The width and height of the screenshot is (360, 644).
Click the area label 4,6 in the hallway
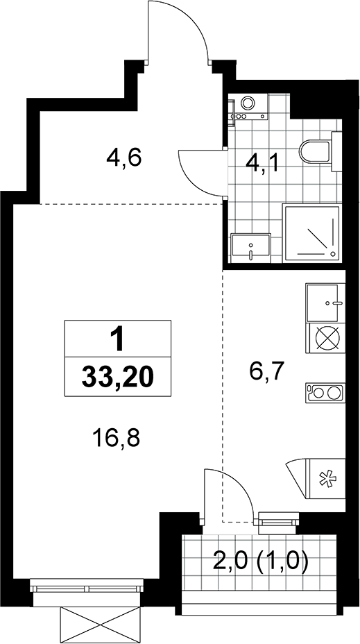123,158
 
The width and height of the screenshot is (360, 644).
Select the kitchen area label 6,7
267,373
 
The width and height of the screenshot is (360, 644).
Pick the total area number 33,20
117,377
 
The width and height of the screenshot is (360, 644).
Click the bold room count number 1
118,339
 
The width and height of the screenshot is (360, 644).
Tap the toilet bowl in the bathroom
316,152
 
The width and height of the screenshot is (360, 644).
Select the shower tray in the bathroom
311,233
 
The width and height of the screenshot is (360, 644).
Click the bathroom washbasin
250,248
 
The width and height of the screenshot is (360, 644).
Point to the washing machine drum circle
247,103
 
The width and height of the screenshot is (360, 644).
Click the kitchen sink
323,303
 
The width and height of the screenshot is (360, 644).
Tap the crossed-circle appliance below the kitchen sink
327,339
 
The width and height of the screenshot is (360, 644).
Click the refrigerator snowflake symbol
327,479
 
